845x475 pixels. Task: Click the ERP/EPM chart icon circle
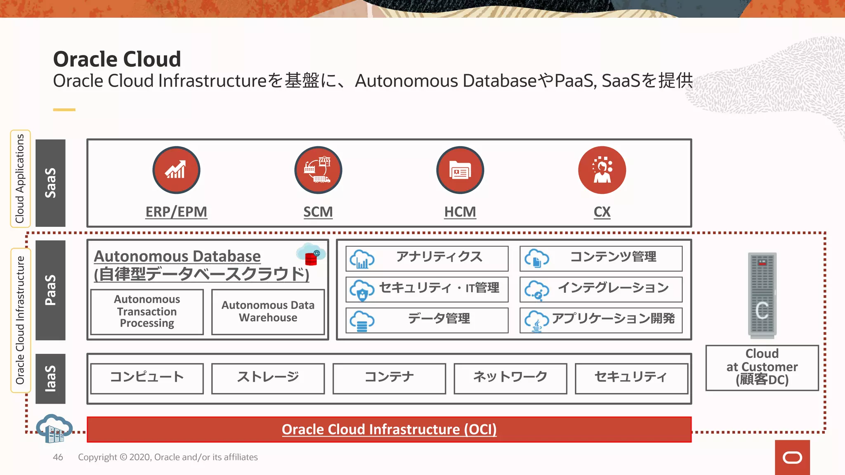(x=176, y=170)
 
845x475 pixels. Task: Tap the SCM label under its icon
(x=318, y=212)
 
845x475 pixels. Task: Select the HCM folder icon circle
(x=460, y=170)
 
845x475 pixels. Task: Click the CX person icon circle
(x=602, y=170)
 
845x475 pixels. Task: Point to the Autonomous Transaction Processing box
(x=147, y=311)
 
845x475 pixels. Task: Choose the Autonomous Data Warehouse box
(x=268, y=311)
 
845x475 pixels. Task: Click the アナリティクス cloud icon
(x=362, y=259)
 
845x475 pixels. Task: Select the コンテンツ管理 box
(x=601, y=259)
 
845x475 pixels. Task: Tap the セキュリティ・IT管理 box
(x=427, y=289)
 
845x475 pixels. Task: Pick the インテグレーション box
(x=601, y=289)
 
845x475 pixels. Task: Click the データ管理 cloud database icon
(x=362, y=321)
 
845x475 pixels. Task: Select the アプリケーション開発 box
(x=601, y=320)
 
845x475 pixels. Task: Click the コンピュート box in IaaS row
(x=147, y=378)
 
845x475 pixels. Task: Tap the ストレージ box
(x=268, y=378)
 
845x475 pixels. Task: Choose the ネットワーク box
(x=510, y=378)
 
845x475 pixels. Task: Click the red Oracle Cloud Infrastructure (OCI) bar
(x=389, y=429)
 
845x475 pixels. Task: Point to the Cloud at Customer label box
(x=762, y=367)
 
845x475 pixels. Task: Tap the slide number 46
(x=58, y=457)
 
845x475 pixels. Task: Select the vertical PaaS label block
(x=50, y=290)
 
